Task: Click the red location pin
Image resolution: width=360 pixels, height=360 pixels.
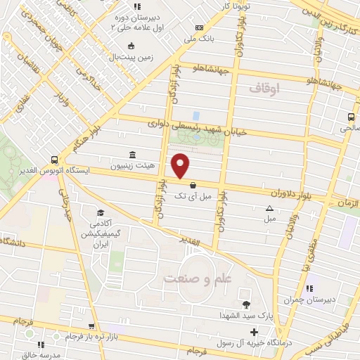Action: (x=181, y=165)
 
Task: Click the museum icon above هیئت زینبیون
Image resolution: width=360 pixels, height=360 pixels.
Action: (x=132, y=155)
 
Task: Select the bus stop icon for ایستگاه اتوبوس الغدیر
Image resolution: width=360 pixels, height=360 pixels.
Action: (x=54, y=160)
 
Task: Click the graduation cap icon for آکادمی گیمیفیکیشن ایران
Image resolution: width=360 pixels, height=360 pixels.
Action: (x=100, y=212)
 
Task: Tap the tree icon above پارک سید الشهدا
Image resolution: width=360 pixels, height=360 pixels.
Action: (x=246, y=304)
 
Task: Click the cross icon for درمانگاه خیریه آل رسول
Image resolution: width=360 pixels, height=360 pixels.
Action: (x=254, y=332)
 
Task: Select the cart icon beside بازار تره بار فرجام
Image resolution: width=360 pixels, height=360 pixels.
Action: (x=91, y=326)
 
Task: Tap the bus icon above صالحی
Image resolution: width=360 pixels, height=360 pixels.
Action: (x=350, y=117)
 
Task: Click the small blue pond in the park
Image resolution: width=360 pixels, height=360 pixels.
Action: (x=195, y=115)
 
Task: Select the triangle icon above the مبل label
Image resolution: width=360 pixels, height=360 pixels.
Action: (x=270, y=208)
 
